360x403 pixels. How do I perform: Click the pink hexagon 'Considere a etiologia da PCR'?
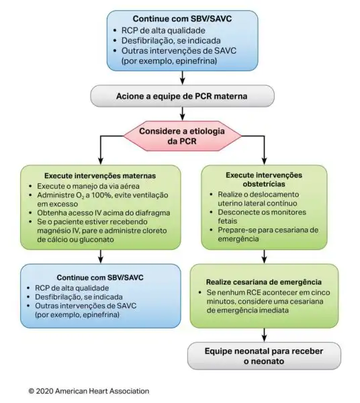pyautogui.click(x=182, y=136)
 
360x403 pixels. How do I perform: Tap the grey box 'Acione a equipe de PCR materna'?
pyautogui.click(x=182, y=96)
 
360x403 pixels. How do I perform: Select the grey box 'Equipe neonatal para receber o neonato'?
pyautogui.click(x=264, y=356)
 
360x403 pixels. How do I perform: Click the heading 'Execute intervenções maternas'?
pyautogui.click(x=100, y=176)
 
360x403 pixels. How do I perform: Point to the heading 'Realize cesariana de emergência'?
pyautogui.click(x=264, y=282)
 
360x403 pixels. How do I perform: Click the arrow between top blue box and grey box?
pyautogui.click(x=182, y=78)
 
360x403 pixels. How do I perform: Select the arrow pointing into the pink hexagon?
pyautogui.click(x=182, y=114)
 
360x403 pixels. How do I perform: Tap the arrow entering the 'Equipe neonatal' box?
pyautogui.click(x=264, y=335)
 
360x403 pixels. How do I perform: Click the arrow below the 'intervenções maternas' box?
pyautogui.click(x=101, y=257)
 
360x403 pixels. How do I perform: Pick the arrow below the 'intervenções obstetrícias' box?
pyautogui.click(x=264, y=257)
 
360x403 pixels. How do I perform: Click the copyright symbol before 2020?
pyautogui.click(x=32, y=392)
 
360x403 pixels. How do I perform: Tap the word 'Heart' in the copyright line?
pyautogui.click(x=98, y=391)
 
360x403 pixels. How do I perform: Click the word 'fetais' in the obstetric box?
pyautogui.click(x=228, y=221)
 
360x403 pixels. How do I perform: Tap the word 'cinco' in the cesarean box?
pyautogui.click(x=319, y=292)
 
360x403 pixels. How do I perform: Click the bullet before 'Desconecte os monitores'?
pyautogui.click(x=211, y=212)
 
